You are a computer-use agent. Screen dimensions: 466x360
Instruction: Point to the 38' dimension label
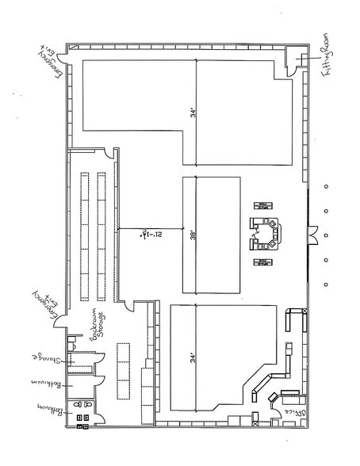[x=193, y=235]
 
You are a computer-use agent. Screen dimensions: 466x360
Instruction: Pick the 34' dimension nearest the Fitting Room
[x=193, y=112]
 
